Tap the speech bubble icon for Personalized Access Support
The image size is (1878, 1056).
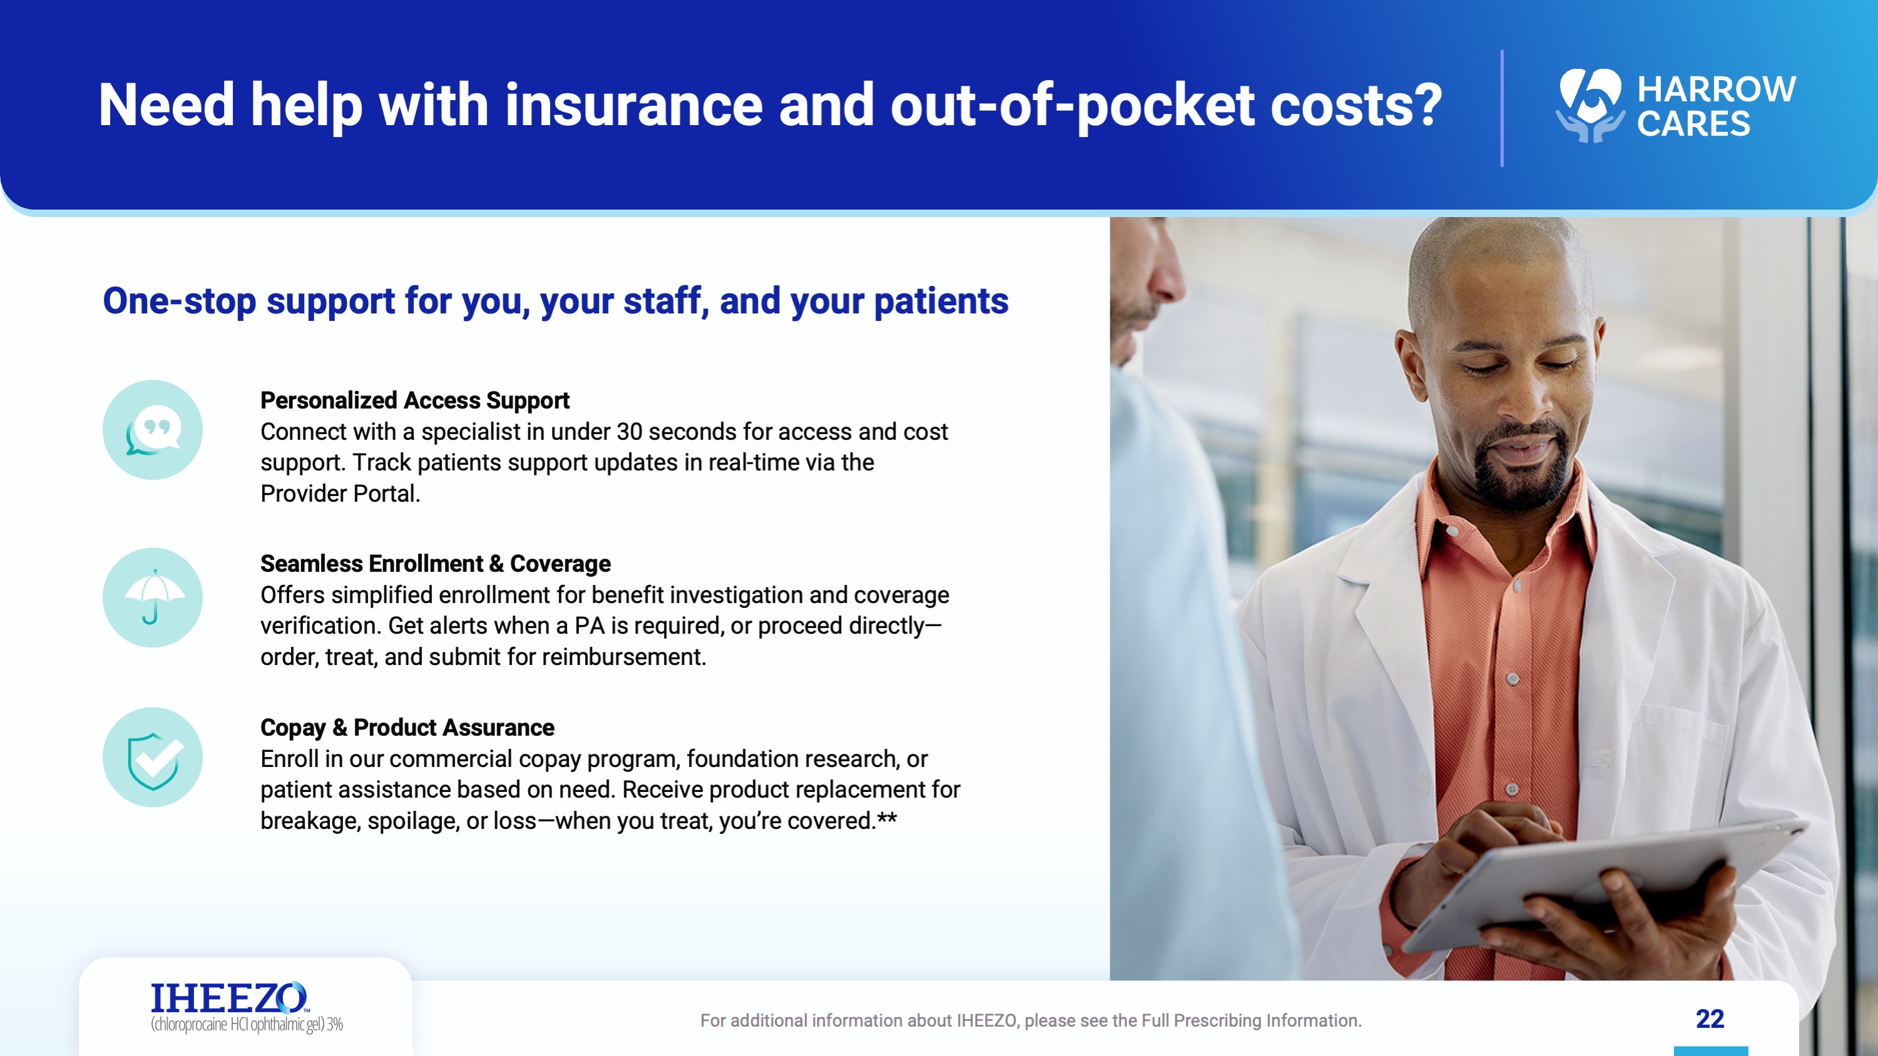[x=152, y=430]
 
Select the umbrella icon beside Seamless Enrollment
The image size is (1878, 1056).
[x=152, y=597]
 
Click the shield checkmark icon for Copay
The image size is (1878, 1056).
[x=152, y=757]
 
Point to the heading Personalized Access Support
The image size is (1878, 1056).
[x=415, y=400]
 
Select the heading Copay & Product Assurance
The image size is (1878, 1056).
[x=407, y=728]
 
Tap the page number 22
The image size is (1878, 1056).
[x=1710, y=1019]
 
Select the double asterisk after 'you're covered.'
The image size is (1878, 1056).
[x=887, y=818]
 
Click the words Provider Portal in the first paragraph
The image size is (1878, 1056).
[x=339, y=494]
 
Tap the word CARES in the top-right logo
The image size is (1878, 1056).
[x=1693, y=124]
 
